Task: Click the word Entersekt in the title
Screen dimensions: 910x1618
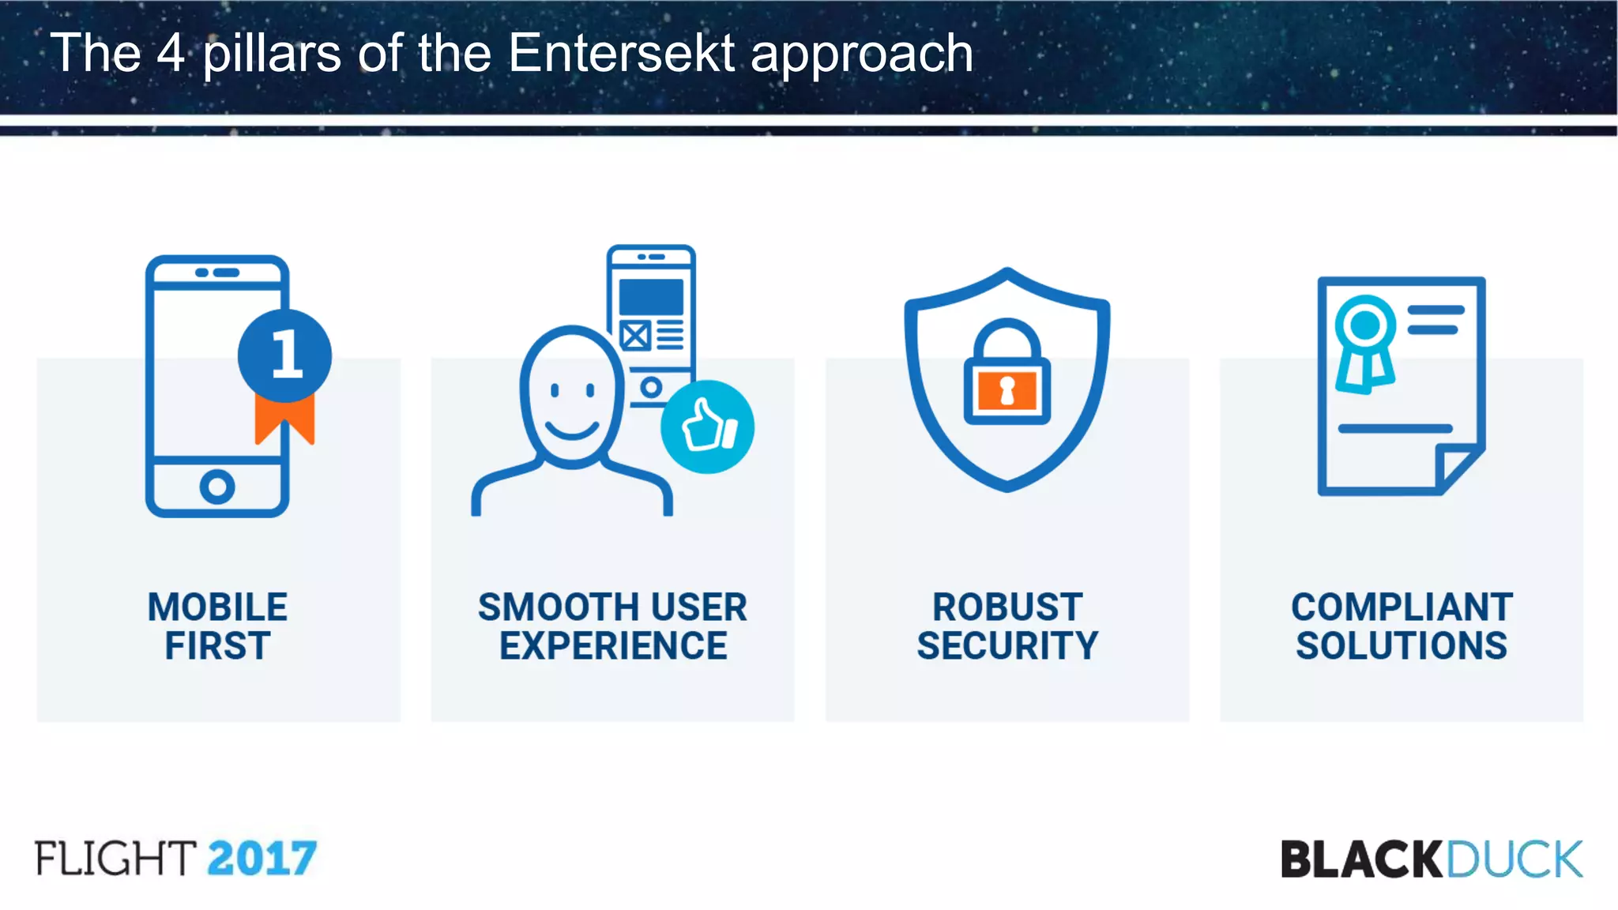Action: click(621, 54)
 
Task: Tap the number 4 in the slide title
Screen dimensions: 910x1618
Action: click(170, 54)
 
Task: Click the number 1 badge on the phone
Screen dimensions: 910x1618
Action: click(285, 355)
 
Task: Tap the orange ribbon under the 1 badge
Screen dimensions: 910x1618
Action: click(284, 419)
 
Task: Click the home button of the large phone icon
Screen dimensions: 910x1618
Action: click(217, 487)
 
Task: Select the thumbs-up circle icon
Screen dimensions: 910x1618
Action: click(707, 427)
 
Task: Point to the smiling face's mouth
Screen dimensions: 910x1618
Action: click(571, 431)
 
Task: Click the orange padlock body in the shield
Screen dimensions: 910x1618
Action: click(1007, 391)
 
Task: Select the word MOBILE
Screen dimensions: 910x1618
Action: click(217, 607)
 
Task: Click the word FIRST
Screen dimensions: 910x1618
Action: click(217, 646)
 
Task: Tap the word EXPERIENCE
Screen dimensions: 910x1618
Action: click(613, 646)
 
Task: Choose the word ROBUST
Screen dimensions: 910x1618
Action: click(1007, 607)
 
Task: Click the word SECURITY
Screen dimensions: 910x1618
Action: click(1007, 646)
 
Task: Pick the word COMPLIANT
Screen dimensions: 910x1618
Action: click(1402, 607)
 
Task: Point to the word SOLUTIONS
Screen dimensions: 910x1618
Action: click(1402, 646)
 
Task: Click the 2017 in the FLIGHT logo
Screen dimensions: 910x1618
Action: click(262, 859)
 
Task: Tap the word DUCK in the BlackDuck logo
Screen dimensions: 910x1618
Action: click(1514, 859)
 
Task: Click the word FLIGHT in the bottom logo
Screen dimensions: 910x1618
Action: click(115, 859)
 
